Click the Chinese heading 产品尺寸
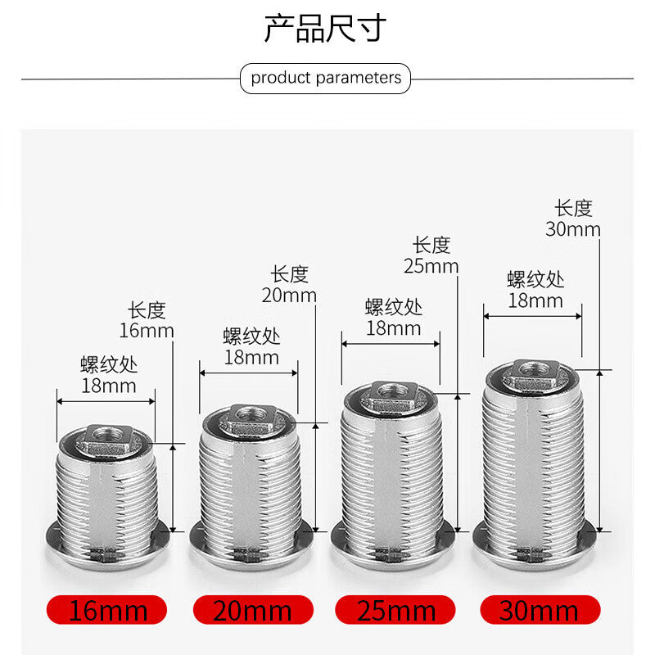pyautogui.click(x=325, y=28)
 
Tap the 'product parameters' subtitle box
pyautogui.click(x=325, y=78)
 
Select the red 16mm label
pyautogui.click(x=107, y=610)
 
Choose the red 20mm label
pyautogui.click(x=253, y=610)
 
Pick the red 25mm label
pyautogui.click(x=395, y=610)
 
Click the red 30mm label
pyautogui.click(x=540, y=610)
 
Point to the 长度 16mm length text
pyautogui.click(x=147, y=320)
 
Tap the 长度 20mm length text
pyautogui.click(x=289, y=284)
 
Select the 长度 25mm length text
pyautogui.click(x=431, y=255)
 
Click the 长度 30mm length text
pyautogui.click(x=573, y=219)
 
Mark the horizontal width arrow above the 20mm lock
pyautogui.click(x=249, y=373)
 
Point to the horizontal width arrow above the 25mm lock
pyautogui.click(x=391, y=344)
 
